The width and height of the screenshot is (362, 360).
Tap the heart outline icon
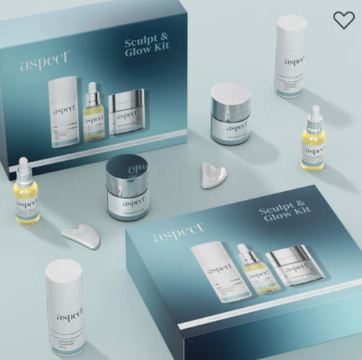click(x=344, y=20)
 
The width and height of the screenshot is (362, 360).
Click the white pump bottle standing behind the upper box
click(x=291, y=56)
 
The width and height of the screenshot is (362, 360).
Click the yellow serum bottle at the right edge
click(x=313, y=144)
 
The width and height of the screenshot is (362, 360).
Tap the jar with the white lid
click(x=230, y=114)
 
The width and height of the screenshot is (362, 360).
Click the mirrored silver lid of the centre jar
click(x=126, y=171)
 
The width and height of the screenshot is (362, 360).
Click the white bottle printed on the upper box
click(x=63, y=113)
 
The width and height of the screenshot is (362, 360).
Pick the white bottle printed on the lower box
click(x=211, y=271)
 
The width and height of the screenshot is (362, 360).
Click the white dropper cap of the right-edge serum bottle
click(x=314, y=115)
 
